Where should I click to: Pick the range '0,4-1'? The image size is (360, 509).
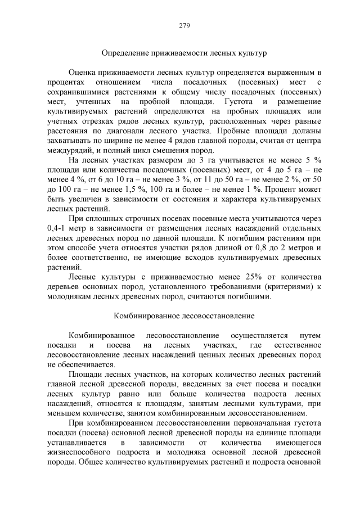[x=55, y=228]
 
